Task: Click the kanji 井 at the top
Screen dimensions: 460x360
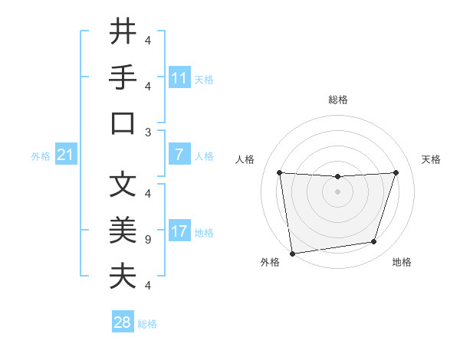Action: (123, 32)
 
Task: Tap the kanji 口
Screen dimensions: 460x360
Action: (123, 123)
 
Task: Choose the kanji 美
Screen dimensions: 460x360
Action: (123, 230)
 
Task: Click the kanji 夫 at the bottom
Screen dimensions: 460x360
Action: (123, 276)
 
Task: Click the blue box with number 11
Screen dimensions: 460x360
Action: (179, 78)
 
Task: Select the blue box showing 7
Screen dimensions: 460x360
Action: (179, 155)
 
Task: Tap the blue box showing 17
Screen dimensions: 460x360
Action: (179, 232)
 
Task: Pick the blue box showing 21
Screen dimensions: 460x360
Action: (65, 155)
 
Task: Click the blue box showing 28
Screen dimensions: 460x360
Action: (122, 322)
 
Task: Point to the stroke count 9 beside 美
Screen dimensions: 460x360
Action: (148, 239)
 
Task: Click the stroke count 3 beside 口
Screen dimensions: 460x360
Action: (148, 131)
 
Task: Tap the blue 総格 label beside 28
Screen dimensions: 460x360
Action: (147, 324)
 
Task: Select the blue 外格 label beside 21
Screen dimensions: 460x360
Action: (41, 156)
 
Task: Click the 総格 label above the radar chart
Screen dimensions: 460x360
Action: (337, 100)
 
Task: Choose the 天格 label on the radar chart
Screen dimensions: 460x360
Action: (431, 159)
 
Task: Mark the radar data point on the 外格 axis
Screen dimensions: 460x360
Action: (292, 253)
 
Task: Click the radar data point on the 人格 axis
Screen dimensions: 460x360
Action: (279, 172)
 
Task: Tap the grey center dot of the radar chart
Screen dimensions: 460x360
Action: (337, 191)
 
